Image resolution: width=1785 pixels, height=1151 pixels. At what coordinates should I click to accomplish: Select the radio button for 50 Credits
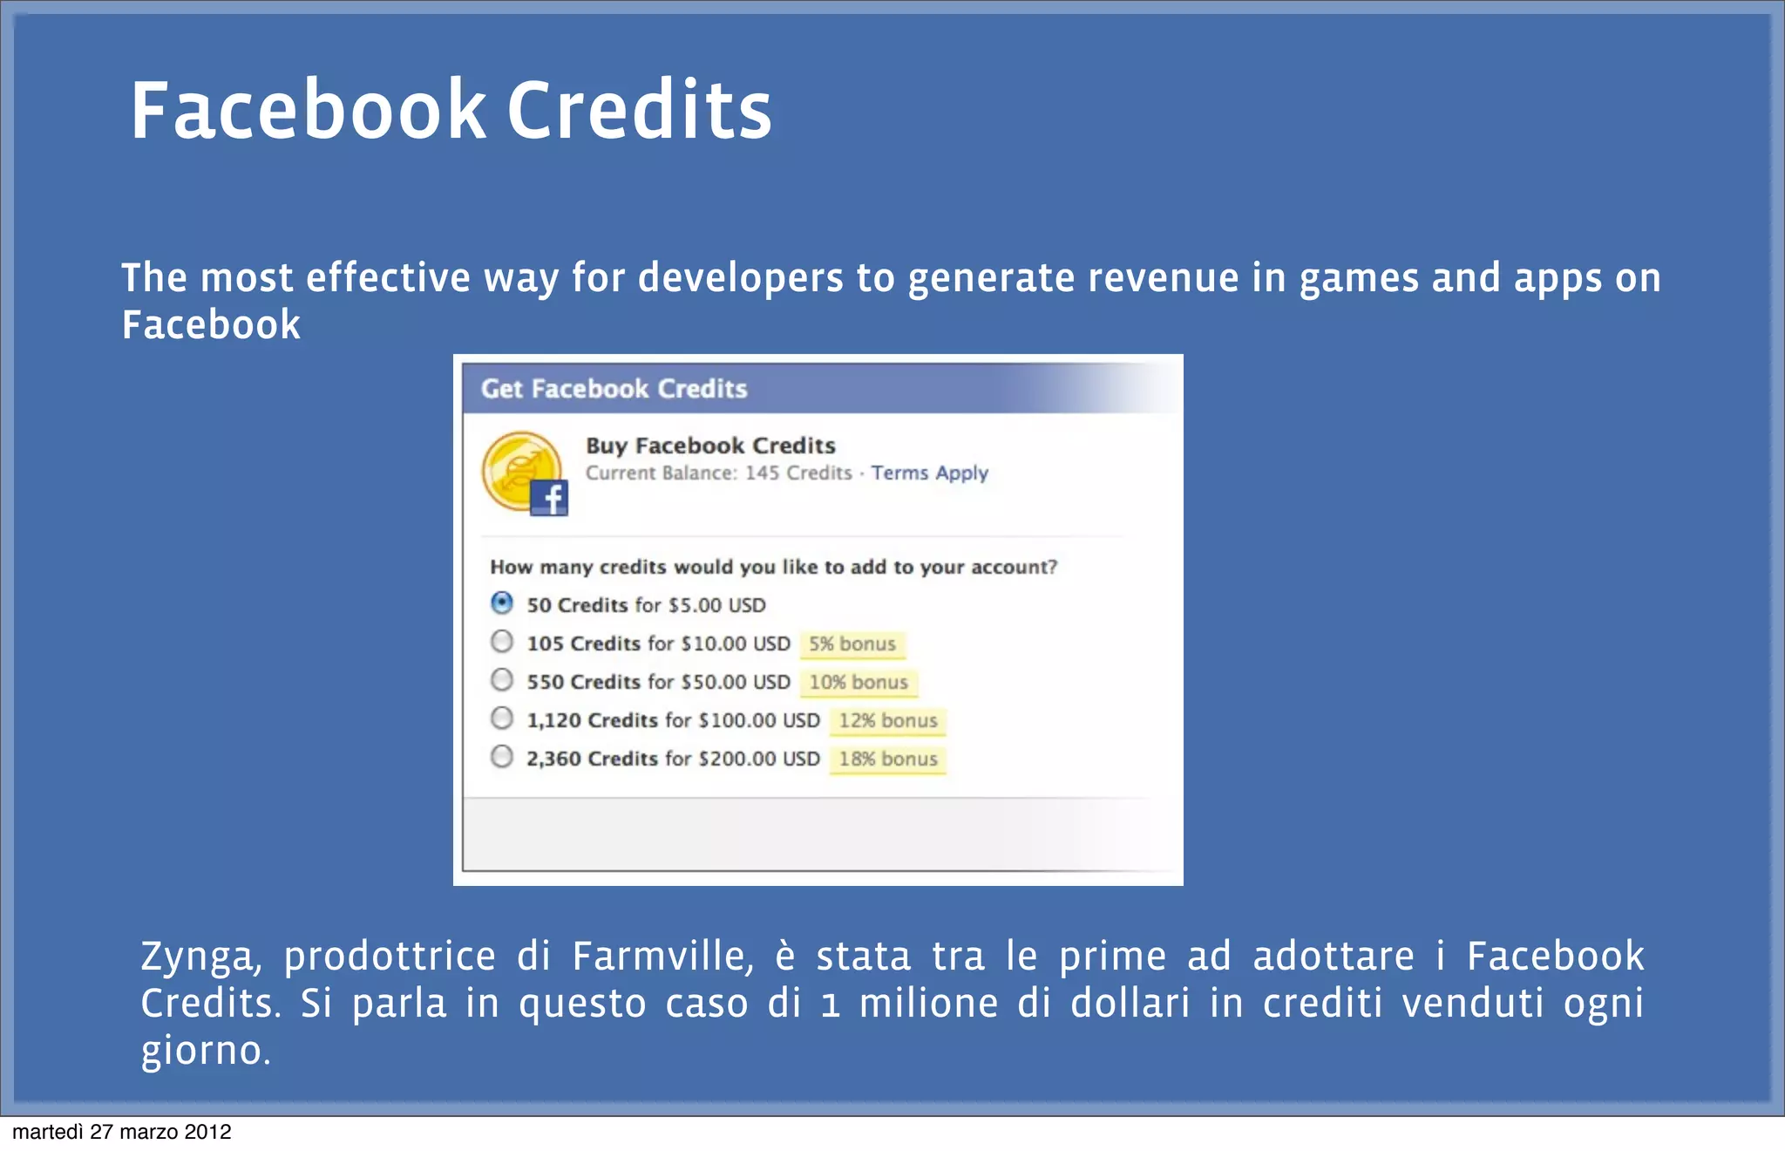(502, 603)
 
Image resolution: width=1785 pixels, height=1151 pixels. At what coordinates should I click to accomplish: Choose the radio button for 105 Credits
(502, 642)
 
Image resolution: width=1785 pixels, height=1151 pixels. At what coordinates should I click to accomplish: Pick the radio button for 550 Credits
(502, 679)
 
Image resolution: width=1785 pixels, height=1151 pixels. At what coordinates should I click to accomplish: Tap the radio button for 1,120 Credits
(502, 718)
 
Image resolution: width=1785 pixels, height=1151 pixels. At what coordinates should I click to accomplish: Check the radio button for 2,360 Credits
(502, 756)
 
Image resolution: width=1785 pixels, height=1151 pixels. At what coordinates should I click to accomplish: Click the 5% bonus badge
(852, 644)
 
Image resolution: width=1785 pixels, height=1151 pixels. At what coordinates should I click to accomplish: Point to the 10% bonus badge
(859, 683)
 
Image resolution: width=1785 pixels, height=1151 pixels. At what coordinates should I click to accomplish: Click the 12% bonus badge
(887, 721)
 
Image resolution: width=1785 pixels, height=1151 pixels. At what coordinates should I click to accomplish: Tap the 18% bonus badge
(887, 759)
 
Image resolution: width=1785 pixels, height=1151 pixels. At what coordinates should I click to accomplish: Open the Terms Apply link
(929, 473)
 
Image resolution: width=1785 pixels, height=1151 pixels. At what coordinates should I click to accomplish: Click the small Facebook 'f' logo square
(549, 498)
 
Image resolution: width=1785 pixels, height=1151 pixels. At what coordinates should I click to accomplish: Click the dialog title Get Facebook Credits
(614, 389)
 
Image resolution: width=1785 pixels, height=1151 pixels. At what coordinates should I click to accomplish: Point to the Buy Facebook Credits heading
(710, 446)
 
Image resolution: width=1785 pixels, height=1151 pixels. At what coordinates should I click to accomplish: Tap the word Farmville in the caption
(662, 957)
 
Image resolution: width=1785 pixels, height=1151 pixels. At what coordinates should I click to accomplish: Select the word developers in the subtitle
(741, 279)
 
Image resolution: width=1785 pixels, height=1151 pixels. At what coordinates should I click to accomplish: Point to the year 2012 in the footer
(207, 1132)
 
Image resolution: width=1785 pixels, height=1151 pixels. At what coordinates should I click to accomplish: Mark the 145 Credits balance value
(797, 473)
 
